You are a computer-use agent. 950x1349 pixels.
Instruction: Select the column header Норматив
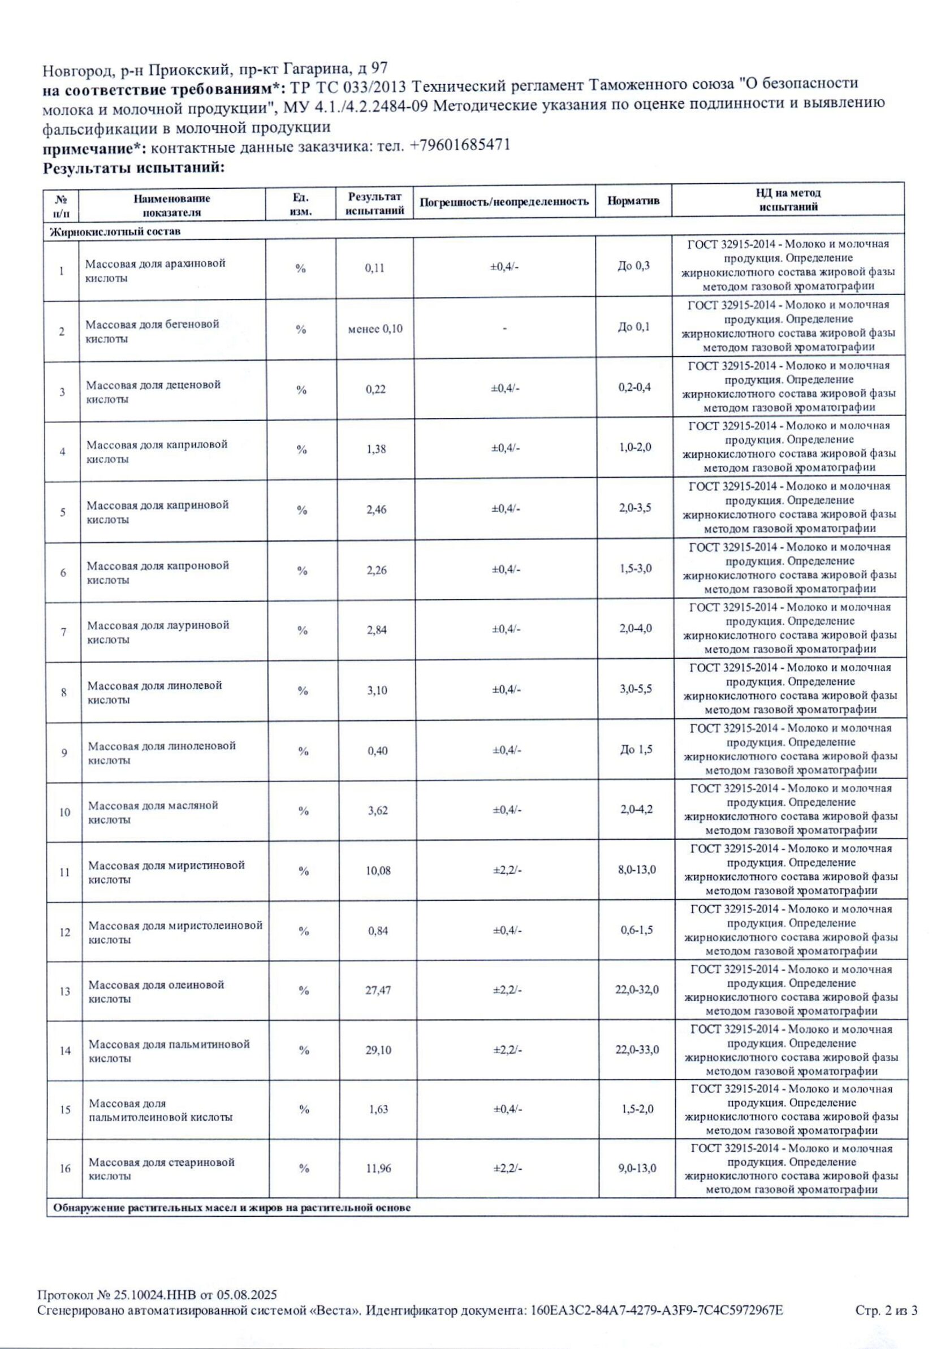point(633,201)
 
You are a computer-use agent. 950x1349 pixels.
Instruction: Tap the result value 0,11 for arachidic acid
point(374,268)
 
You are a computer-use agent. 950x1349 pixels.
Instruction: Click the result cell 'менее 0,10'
point(375,329)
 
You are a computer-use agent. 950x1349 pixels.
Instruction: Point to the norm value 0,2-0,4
point(634,388)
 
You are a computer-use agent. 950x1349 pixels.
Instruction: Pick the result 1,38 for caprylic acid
point(376,449)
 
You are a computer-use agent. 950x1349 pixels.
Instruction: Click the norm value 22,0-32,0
point(637,990)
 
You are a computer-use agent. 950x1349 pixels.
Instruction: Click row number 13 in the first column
point(64,992)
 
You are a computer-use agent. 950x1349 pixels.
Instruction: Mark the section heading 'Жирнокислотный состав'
point(115,231)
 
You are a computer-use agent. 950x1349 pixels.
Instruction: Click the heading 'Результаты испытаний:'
point(134,168)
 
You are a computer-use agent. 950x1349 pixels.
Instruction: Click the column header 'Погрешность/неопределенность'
point(503,201)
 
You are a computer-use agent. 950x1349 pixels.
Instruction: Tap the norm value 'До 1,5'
point(636,750)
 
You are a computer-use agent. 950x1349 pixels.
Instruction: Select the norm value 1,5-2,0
point(637,1109)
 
